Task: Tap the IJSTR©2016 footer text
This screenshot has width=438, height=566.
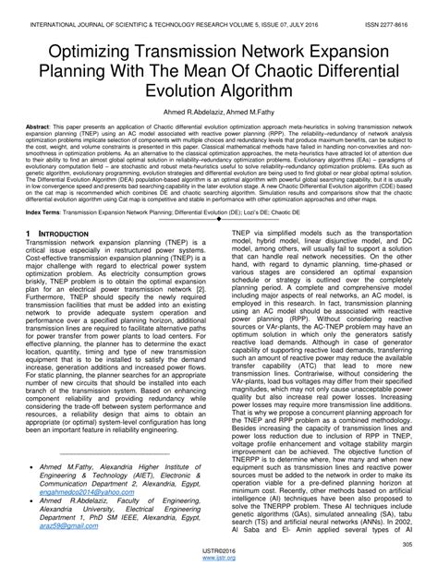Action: [218, 551]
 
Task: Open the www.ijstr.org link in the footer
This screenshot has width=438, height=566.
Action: [218, 559]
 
